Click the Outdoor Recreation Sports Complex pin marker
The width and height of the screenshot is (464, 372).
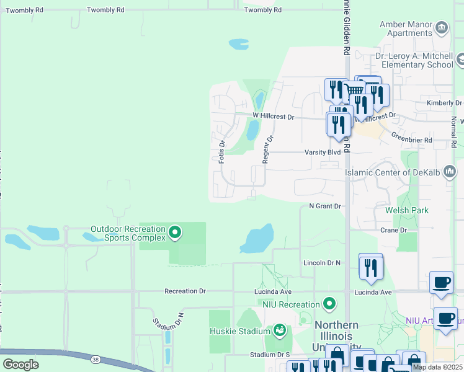(175, 233)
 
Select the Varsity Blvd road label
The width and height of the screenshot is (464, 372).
(323, 152)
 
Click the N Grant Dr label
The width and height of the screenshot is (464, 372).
(325, 206)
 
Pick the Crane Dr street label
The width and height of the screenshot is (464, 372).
(394, 230)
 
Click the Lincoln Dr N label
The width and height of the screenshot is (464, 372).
(322, 263)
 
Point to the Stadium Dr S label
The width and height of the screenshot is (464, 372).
(270, 355)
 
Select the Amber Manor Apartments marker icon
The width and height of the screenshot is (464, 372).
(442, 27)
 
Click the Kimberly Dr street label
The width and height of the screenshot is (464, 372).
(444, 103)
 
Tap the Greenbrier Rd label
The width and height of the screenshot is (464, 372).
(411, 141)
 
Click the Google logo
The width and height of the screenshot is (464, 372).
(21, 364)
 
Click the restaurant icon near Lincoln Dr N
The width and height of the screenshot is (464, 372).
(370, 267)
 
